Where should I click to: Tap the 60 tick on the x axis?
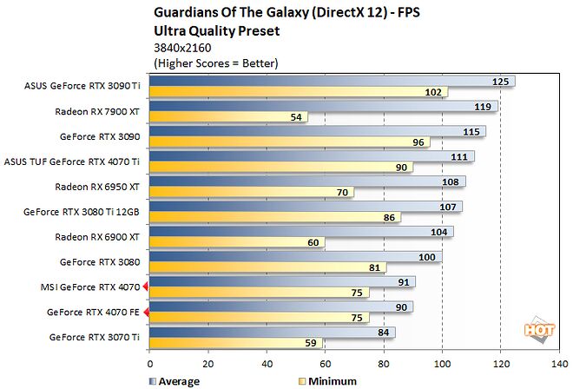coord(326,364)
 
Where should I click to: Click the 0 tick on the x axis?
coord(150,364)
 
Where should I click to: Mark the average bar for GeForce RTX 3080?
coord(296,258)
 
